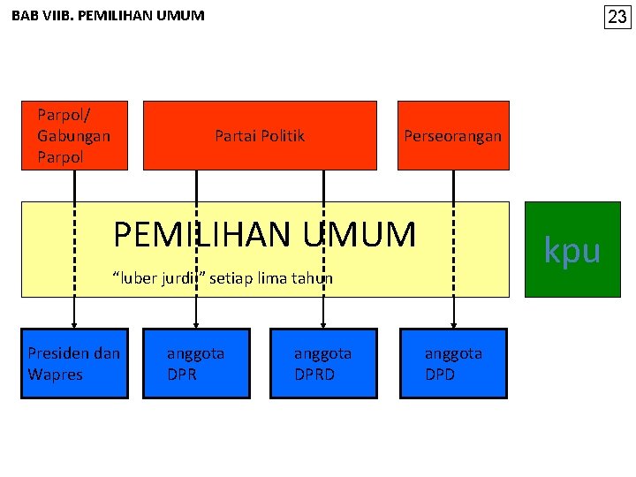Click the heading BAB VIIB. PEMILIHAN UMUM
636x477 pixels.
(108, 16)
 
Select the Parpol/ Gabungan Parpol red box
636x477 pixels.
(74, 135)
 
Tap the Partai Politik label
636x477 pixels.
(260, 136)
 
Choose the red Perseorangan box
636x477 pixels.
(452, 136)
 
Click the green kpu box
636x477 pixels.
(572, 250)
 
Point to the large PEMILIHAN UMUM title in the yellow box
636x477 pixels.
(264, 235)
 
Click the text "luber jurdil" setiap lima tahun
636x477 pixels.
(223, 278)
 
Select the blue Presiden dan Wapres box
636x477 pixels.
(74, 363)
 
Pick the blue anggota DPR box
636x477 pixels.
(196, 363)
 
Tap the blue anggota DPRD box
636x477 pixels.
(323, 363)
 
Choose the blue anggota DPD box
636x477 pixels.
(454, 363)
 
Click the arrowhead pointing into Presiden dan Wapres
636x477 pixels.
(74, 323)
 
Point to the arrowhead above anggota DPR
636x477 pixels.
(196, 323)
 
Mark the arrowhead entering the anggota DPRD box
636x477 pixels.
(323, 323)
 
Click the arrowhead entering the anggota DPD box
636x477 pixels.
(454, 323)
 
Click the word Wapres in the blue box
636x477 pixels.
(55, 375)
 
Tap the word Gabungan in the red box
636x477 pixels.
(73, 136)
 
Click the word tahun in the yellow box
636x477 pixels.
(313, 278)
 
